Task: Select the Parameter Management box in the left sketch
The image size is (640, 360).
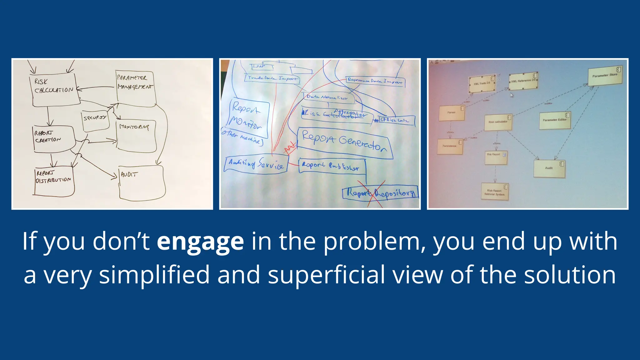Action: click(x=136, y=88)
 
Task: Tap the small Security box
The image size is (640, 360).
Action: click(x=95, y=120)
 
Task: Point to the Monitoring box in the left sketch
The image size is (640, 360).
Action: click(x=136, y=136)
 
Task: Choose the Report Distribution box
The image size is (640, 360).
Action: click(x=54, y=181)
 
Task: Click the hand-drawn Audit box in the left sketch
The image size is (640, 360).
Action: click(x=142, y=183)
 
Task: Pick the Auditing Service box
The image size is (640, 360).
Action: click(x=256, y=164)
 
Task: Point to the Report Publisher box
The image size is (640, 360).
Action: click(x=331, y=166)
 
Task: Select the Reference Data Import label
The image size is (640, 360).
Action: click(x=375, y=81)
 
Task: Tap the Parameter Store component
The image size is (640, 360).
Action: click(x=605, y=76)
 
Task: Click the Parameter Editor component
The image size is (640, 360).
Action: click(x=555, y=120)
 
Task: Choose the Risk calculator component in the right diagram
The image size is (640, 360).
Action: click(x=498, y=122)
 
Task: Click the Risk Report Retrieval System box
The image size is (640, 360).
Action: click(x=495, y=192)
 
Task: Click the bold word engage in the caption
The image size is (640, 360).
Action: click(x=200, y=242)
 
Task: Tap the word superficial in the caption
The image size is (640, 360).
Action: click(x=326, y=275)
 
